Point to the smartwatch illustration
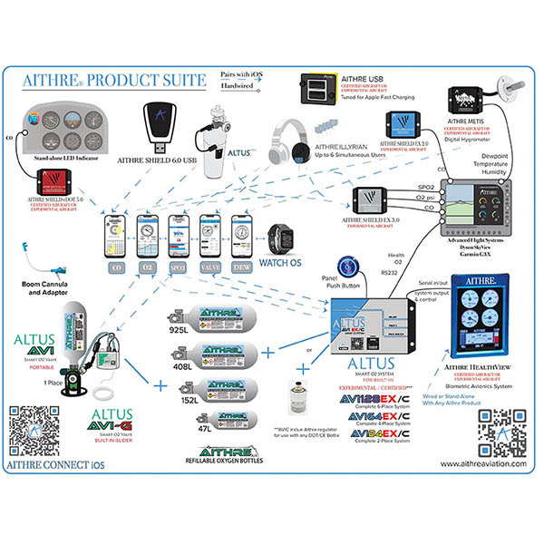pyautogui.click(x=280, y=238)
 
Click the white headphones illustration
pyautogui.click(x=294, y=145)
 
